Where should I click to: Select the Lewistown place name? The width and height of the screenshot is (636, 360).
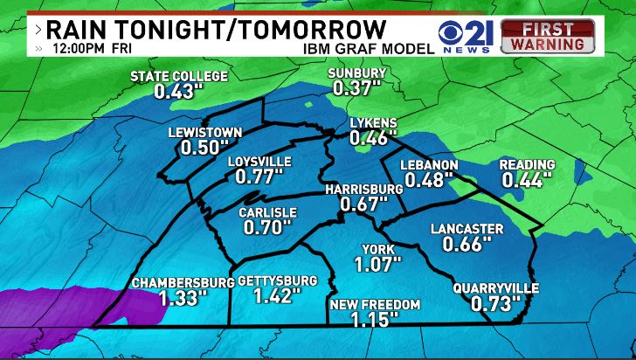click(x=205, y=133)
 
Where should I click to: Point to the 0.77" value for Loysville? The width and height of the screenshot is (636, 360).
click(x=259, y=177)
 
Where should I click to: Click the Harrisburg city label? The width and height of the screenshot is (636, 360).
click(x=363, y=189)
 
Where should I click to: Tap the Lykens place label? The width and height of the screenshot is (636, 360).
click(x=373, y=123)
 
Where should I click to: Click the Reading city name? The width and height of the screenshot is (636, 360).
click(x=527, y=165)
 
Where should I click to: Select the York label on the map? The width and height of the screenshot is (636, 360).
click(x=378, y=248)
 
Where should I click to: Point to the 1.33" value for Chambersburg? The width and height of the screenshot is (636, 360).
click(x=183, y=298)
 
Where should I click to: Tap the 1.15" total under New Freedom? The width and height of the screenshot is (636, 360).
click(x=375, y=320)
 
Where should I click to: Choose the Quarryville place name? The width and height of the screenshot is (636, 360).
click(x=496, y=287)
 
